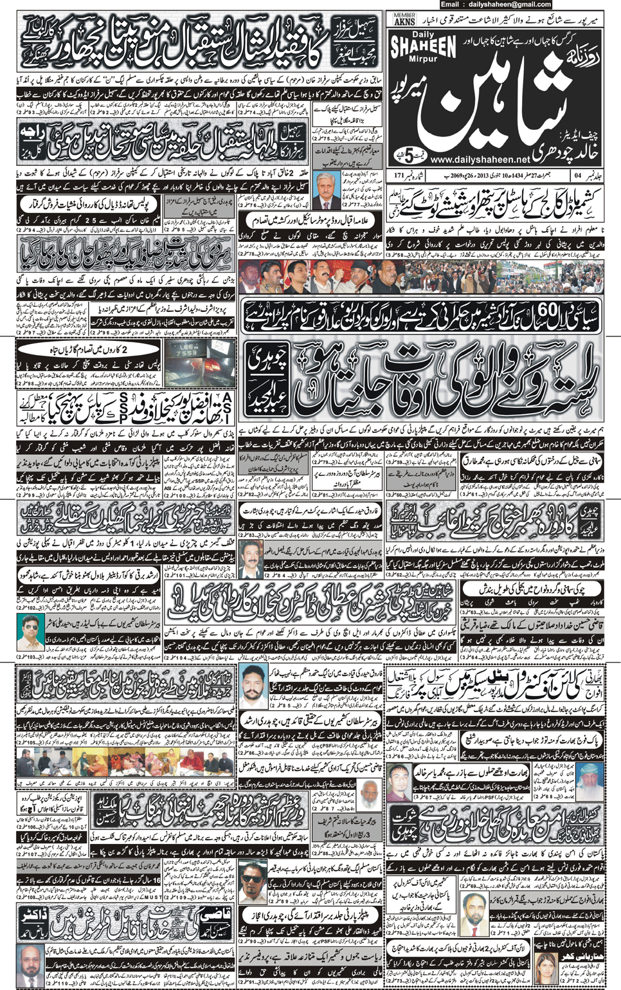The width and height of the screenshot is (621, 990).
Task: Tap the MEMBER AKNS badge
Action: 404,19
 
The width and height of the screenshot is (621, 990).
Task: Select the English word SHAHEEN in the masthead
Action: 423,46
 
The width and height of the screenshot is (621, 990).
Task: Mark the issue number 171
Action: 399,175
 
